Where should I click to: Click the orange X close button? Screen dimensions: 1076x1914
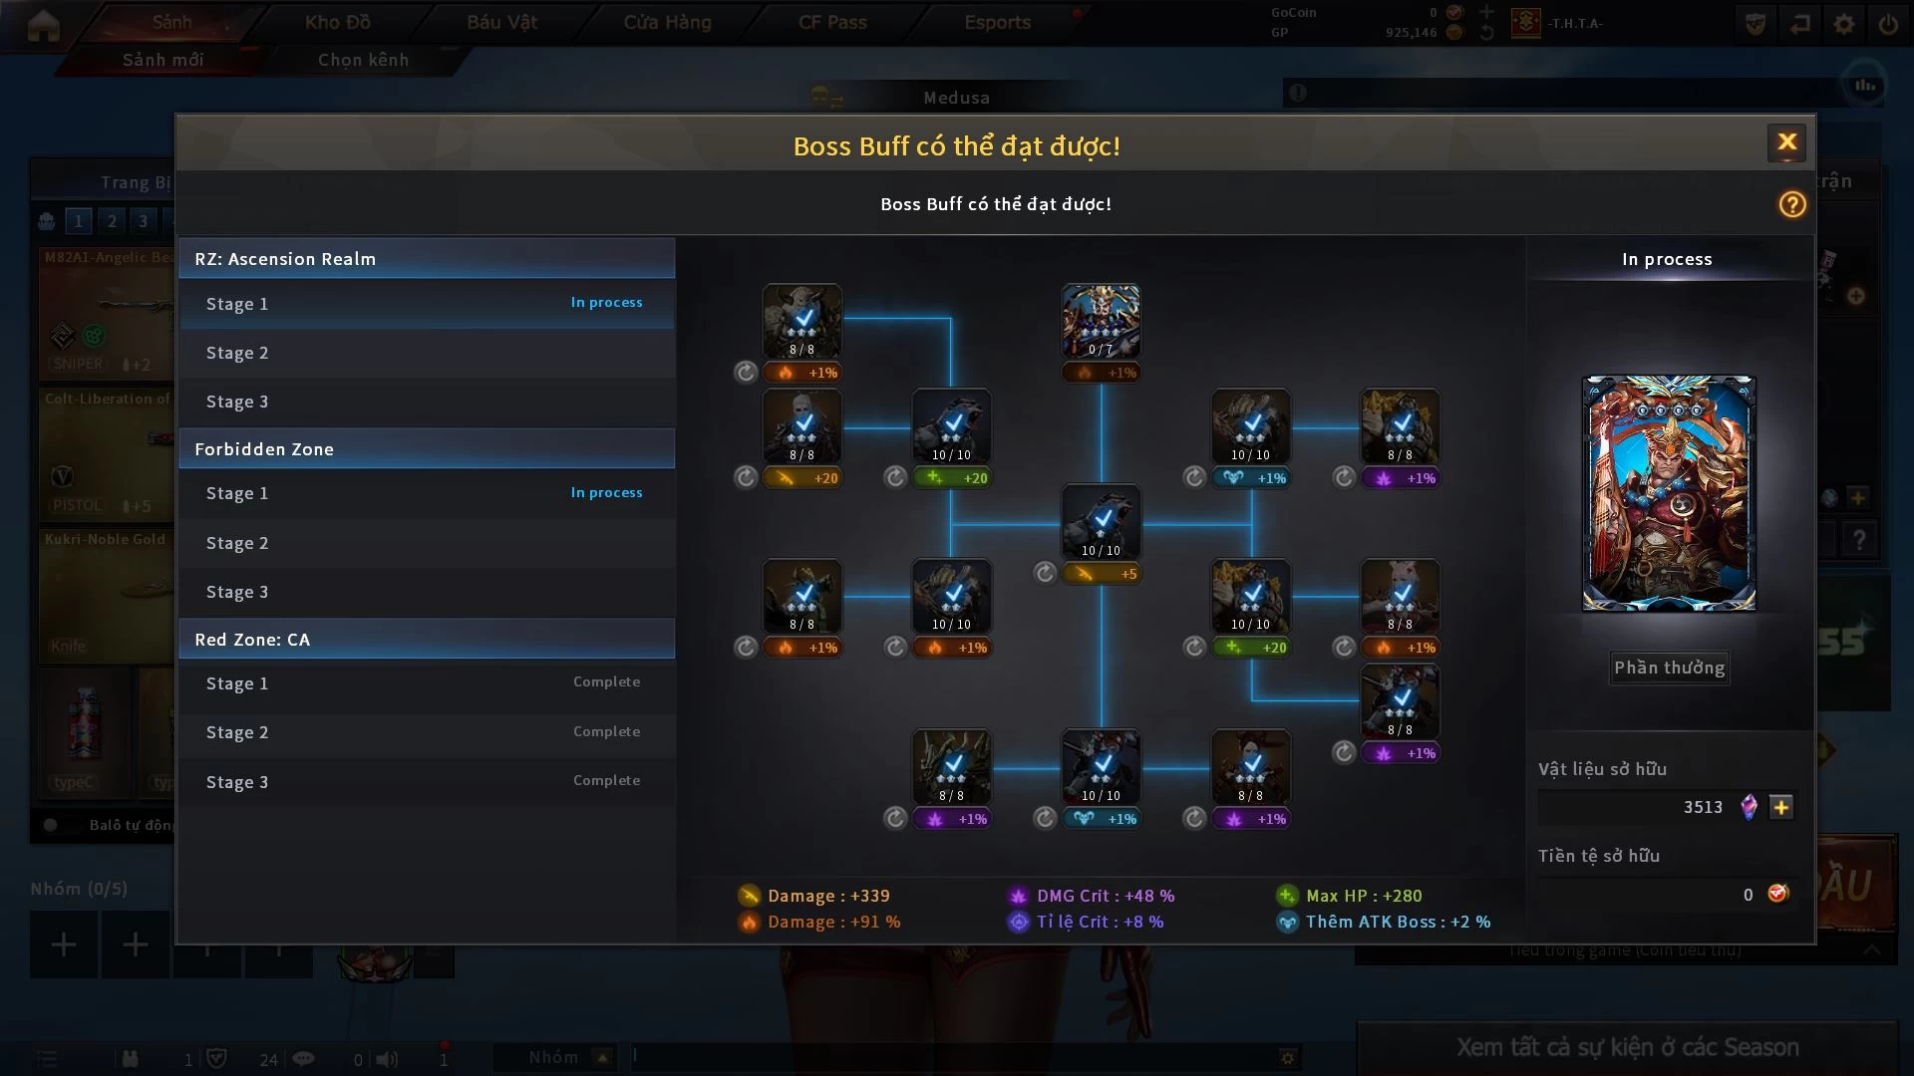coord(1786,142)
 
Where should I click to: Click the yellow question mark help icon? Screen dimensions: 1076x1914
coord(1791,204)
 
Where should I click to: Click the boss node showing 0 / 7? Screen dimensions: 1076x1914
coord(1101,321)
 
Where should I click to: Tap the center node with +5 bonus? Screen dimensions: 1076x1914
coord(1101,522)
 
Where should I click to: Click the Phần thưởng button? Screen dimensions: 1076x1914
coord(1669,668)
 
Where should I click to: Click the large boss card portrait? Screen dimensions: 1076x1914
coord(1669,493)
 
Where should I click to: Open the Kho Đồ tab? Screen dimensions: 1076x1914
coord(337,22)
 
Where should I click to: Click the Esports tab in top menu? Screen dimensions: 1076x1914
coord(997,22)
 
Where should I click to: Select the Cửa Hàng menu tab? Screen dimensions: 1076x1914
coord(667,22)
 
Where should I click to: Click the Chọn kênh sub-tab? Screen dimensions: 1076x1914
coord(363,60)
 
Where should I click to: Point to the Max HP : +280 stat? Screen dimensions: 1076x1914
coord(1363,896)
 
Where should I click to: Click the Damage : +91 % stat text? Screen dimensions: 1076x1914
coord(833,922)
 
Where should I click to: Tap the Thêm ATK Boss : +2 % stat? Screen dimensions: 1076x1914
coord(1398,922)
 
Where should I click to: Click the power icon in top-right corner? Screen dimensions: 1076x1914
coord(1888,24)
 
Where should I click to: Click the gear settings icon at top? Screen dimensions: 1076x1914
coord(1844,24)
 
